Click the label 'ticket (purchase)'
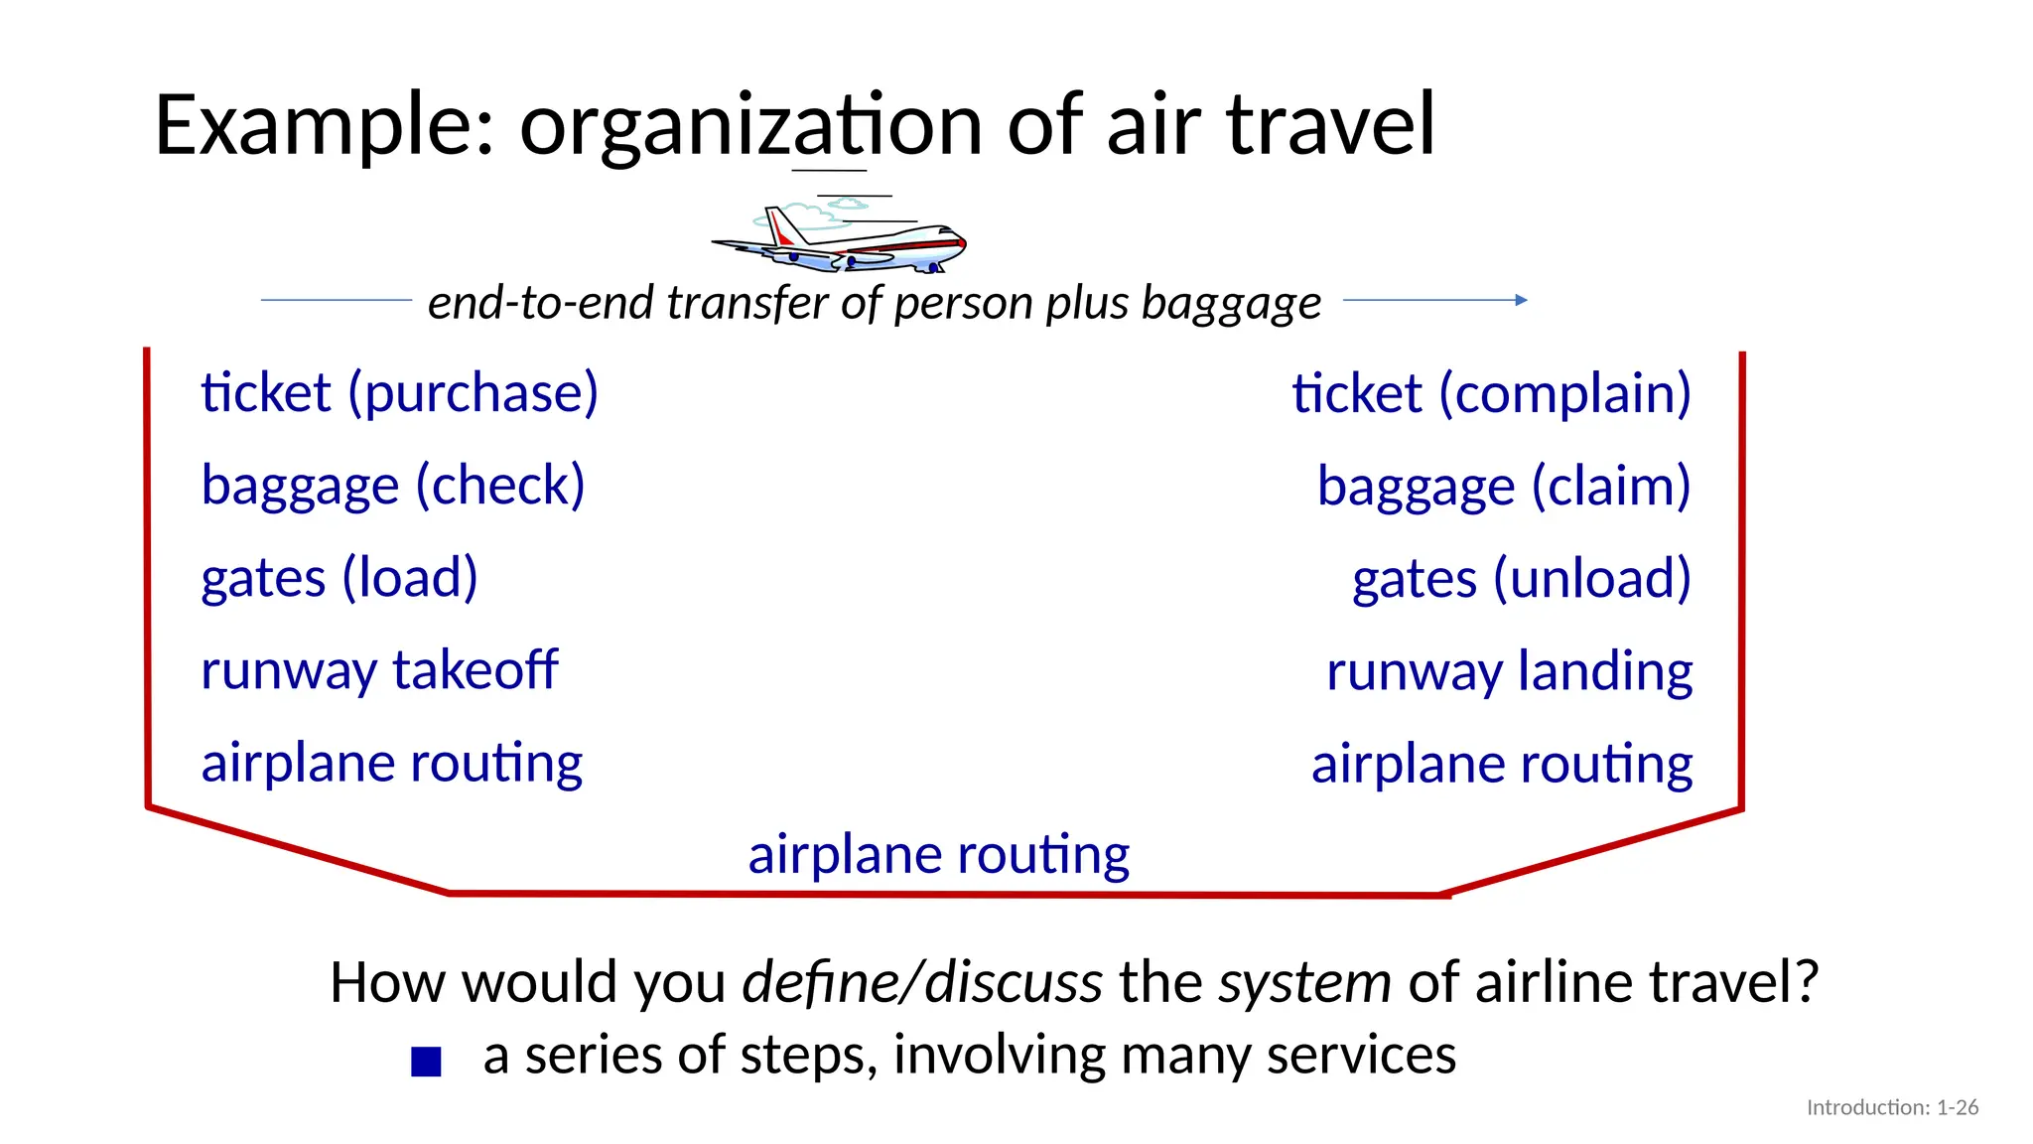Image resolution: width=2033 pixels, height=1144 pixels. (399, 393)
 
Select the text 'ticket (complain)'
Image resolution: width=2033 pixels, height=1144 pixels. (1491, 394)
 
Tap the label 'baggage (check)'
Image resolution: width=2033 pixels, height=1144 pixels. (393, 487)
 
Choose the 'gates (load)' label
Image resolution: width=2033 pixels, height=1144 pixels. (339, 579)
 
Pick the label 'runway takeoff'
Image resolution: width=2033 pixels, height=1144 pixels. (379, 670)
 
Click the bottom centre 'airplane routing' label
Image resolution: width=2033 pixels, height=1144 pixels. (938, 855)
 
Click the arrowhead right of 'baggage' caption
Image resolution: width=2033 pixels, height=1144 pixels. (1522, 300)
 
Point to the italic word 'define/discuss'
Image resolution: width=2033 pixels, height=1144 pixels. (922, 983)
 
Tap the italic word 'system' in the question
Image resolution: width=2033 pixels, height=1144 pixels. (1304, 983)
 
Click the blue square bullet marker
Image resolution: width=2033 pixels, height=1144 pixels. (426, 1062)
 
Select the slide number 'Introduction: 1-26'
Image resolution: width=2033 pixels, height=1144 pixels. (1892, 1107)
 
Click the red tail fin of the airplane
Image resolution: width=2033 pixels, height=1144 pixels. (783, 235)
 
